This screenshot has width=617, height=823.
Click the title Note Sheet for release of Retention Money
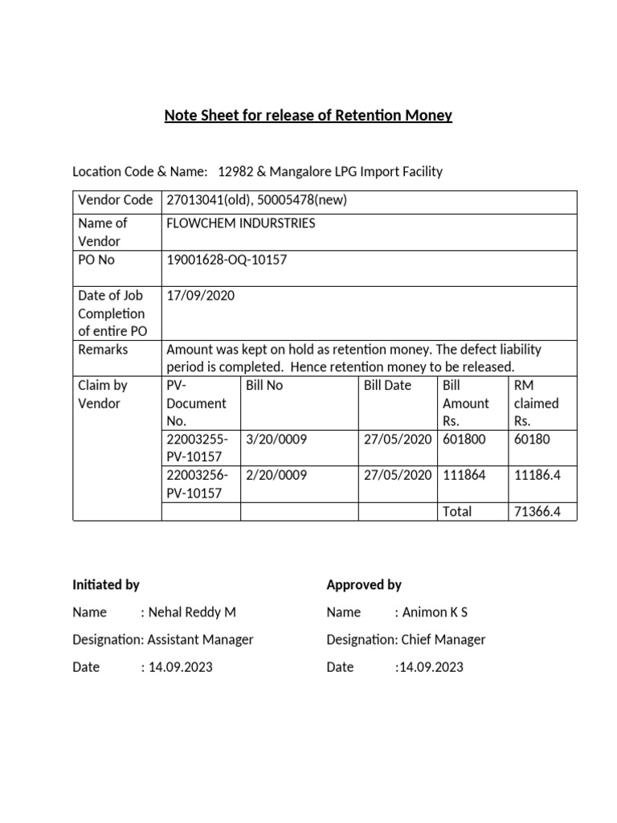308,116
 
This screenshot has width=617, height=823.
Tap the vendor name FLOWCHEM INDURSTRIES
240,223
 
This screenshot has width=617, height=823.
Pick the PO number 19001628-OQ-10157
226,260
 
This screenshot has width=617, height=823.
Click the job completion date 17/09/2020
200,295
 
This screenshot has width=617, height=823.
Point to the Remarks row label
102,350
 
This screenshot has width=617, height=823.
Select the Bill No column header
264,385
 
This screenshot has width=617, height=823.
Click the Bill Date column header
387,385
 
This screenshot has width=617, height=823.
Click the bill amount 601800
464,439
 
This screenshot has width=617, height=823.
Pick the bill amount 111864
464,475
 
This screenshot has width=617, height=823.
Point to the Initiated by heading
106,584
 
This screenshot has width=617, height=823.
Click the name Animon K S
435,612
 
